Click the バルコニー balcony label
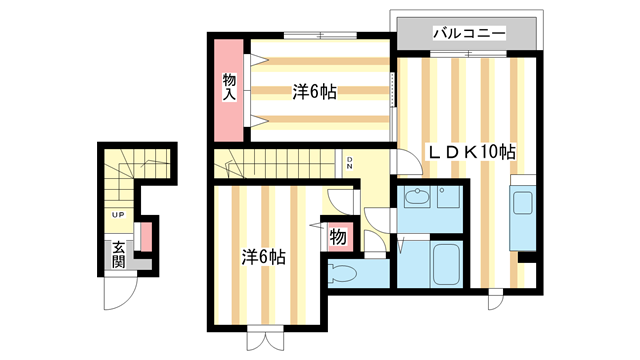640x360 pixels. [468, 32]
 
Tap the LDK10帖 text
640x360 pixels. [472, 152]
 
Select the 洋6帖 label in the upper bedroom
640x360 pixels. [314, 92]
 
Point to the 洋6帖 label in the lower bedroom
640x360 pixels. [264, 256]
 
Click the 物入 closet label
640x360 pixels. [229, 86]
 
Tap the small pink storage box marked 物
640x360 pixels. [338, 238]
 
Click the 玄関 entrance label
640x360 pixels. [118, 254]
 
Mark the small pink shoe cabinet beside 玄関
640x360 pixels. [146, 237]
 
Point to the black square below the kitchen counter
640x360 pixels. [527, 257]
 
